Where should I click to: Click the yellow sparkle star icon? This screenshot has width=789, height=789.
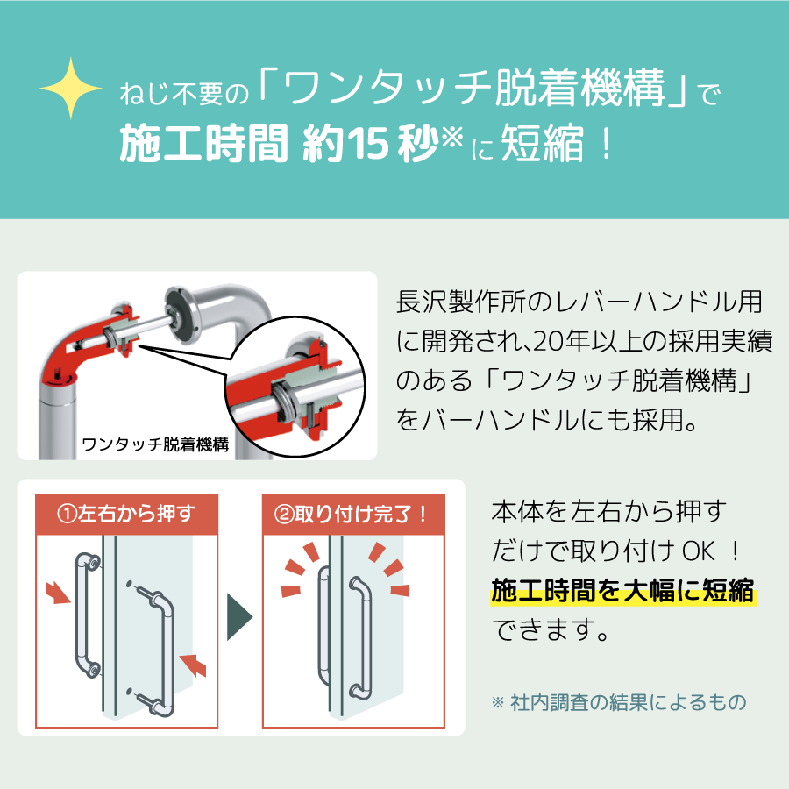click(71, 89)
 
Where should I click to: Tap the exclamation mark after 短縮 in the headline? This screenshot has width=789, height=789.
click(607, 144)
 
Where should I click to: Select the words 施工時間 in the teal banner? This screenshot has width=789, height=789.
click(203, 144)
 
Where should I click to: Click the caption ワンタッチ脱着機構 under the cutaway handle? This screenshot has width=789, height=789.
click(155, 444)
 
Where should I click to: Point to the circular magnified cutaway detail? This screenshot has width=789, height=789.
click(295, 387)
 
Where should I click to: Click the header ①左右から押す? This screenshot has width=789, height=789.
click(126, 514)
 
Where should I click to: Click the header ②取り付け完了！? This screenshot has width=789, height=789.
click(352, 514)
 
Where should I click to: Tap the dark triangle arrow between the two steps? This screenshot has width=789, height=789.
click(239, 617)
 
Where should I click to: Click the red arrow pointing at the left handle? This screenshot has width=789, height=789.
click(58, 593)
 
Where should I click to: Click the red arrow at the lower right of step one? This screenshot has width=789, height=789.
click(193, 665)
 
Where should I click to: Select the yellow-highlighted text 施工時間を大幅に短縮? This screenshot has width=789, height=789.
click(623, 590)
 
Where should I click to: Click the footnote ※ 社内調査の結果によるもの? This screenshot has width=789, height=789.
click(619, 702)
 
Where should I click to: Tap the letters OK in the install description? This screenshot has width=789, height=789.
click(698, 551)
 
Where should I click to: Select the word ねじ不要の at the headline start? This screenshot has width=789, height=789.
click(185, 94)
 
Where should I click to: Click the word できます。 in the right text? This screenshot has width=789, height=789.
click(551, 630)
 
